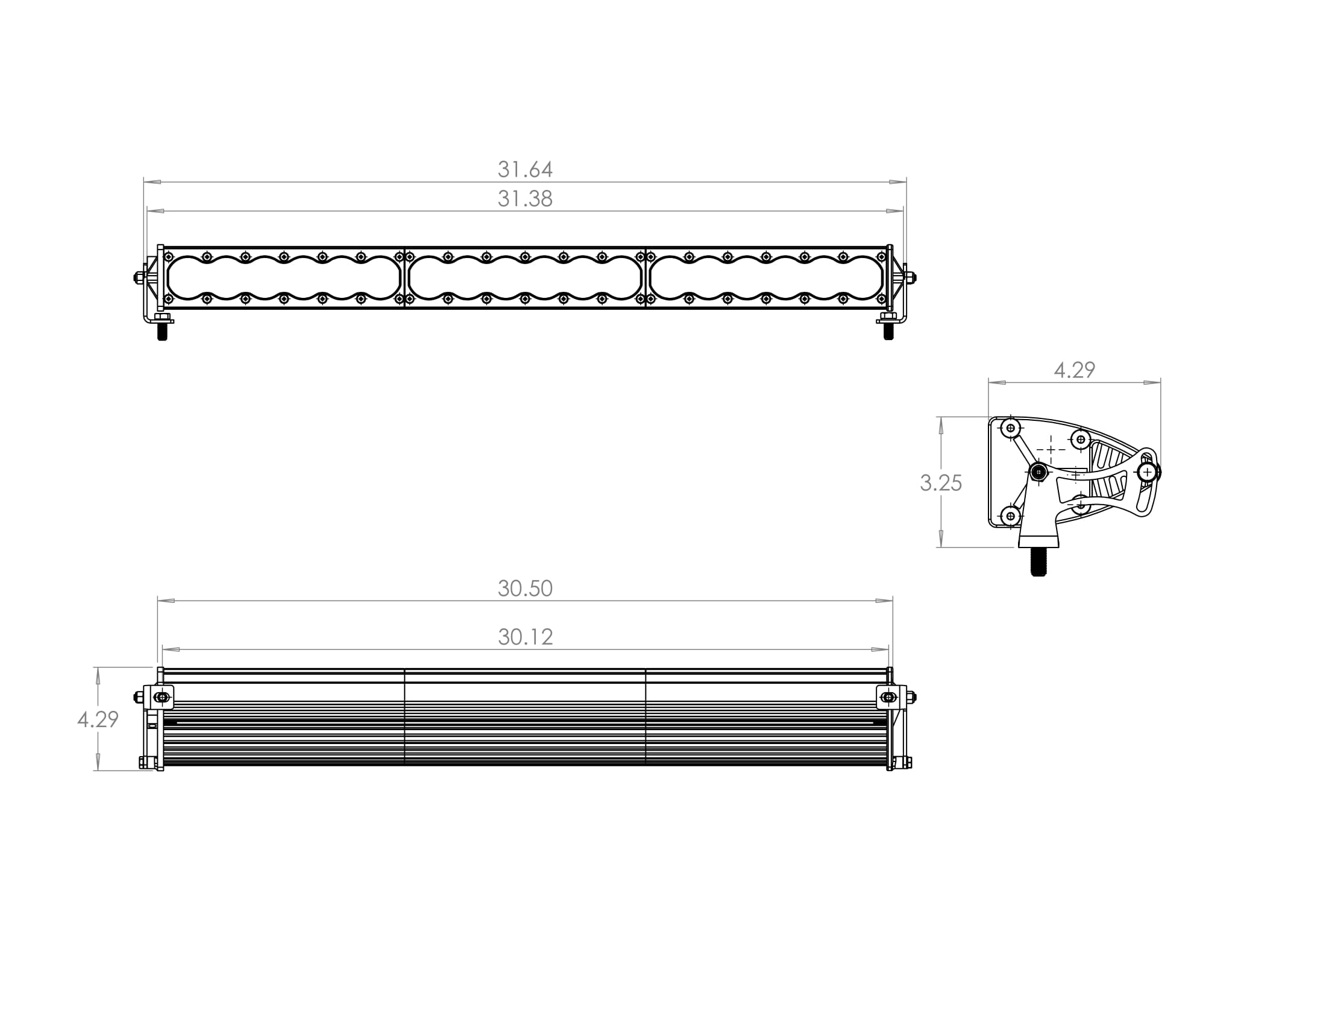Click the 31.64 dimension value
pyautogui.click(x=525, y=169)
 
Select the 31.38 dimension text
pyautogui.click(x=525, y=198)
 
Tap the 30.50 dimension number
pyautogui.click(x=525, y=588)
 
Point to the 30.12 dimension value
pyautogui.click(x=525, y=637)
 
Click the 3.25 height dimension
pyautogui.click(x=940, y=483)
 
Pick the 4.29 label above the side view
pyautogui.click(x=1074, y=370)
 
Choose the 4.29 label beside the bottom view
pyautogui.click(x=98, y=719)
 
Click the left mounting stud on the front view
pyautogui.click(x=162, y=331)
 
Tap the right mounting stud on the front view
pyautogui.click(x=888, y=331)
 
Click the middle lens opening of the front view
pyautogui.click(x=525, y=278)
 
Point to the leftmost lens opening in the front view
pyautogui.click(x=283, y=278)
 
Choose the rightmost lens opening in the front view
pyautogui.click(x=766, y=278)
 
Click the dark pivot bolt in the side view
pyautogui.click(x=1039, y=472)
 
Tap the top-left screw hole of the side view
pyautogui.click(x=1010, y=428)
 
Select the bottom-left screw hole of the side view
pyautogui.click(x=1010, y=516)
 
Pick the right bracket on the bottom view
pyautogui.click(x=891, y=697)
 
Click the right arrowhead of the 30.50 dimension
pyautogui.click(x=885, y=601)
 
